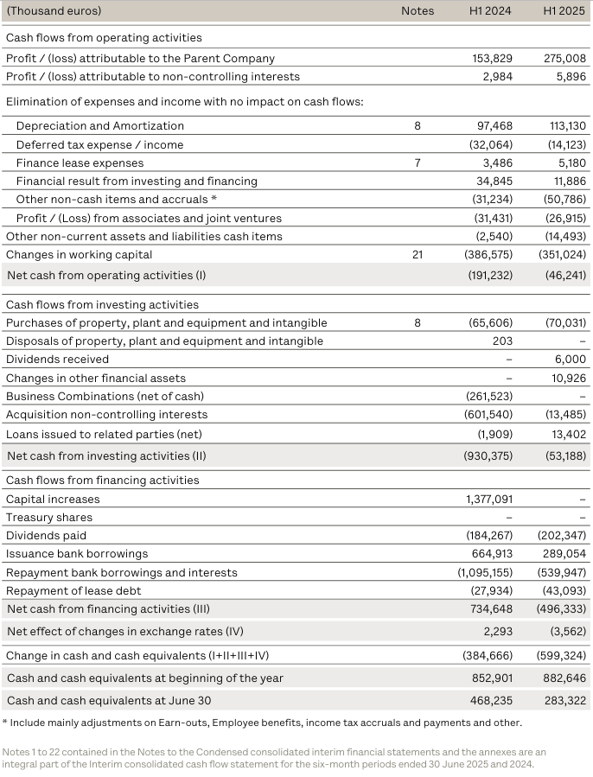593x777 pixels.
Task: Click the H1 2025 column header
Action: (564, 11)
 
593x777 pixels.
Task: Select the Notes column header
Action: (418, 11)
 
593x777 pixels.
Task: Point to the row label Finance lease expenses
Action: (80, 162)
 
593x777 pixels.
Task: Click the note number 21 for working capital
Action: (418, 255)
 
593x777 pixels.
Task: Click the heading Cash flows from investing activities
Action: (102, 304)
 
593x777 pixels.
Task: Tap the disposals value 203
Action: (502, 341)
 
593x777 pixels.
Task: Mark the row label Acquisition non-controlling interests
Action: (106, 414)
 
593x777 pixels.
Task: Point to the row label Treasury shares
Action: (48, 517)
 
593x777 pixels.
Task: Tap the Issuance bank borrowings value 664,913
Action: (491, 553)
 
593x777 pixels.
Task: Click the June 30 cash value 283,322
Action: (565, 700)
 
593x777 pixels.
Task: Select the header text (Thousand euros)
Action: (54, 11)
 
